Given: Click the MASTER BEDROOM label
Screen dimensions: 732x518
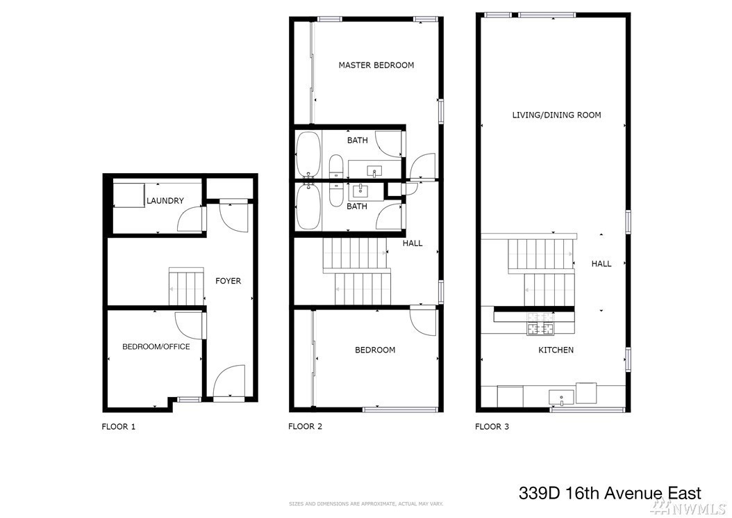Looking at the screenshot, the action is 376,65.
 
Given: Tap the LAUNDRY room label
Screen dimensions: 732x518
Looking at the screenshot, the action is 165,200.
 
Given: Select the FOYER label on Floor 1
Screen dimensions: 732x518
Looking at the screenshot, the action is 228,281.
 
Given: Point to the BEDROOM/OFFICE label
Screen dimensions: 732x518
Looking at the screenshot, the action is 156,346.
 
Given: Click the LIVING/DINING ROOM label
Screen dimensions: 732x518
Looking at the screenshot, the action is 556,115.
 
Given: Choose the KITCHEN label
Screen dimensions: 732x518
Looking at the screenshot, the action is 556,350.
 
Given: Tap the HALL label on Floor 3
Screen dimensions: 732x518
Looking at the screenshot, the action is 601,264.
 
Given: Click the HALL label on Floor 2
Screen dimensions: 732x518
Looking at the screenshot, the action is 413,243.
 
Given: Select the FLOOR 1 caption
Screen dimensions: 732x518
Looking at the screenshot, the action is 119,426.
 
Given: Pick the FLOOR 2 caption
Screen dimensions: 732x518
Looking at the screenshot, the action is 306,426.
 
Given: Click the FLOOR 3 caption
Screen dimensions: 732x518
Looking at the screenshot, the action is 492,426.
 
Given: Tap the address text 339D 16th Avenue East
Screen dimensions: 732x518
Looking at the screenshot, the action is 610,493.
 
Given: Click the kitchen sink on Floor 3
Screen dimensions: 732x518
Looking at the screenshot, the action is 561,398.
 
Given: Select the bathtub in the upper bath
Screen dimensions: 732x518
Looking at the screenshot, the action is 308,154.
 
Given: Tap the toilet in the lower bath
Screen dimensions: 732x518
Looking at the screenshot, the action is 335,195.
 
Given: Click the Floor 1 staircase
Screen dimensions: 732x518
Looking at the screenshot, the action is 186,286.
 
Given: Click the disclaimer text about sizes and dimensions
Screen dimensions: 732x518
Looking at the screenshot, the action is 366,504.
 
